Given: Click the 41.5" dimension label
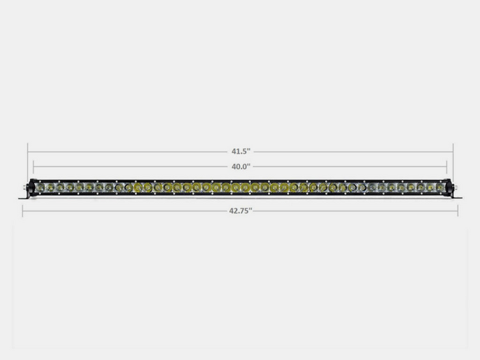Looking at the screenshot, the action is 241,152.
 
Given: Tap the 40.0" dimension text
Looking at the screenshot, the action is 241,167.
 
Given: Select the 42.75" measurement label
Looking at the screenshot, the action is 241,211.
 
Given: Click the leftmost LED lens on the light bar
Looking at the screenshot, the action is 40,187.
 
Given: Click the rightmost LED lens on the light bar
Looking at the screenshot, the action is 440,187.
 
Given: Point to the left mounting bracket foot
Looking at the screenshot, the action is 24,198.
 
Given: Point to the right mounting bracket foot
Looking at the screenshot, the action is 456,197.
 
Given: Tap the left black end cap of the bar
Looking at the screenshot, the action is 32,187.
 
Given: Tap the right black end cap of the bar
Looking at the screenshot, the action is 448,187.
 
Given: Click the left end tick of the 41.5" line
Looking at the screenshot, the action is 27,152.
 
